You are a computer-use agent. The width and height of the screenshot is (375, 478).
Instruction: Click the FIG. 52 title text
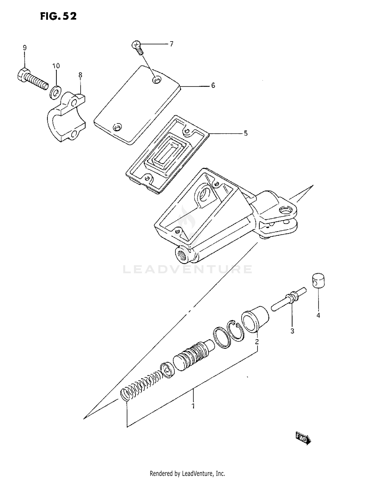click(x=58, y=16)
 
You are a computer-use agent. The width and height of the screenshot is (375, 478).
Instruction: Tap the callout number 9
click(x=24, y=48)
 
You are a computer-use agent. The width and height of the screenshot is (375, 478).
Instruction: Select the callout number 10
click(x=56, y=66)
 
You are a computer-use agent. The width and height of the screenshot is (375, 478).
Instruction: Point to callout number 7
click(x=171, y=44)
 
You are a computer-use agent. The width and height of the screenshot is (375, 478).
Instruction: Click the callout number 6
click(x=213, y=85)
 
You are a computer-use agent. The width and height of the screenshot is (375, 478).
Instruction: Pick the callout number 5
click(x=245, y=133)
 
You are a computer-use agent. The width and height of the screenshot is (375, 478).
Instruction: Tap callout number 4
click(x=318, y=315)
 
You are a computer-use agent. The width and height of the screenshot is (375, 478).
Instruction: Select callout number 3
click(x=292, y=331)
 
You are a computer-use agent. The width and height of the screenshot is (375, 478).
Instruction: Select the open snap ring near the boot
click(x=235, y=330)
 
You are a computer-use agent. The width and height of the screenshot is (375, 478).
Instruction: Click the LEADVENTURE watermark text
click(x=187, y=269)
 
